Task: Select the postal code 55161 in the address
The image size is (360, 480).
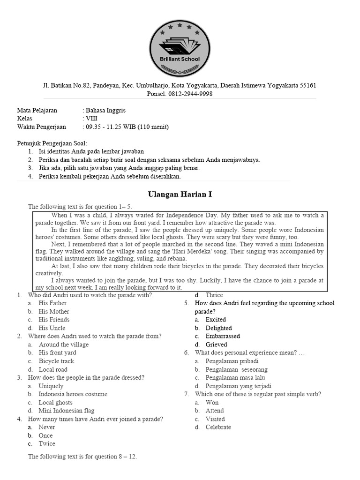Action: pos(307,85)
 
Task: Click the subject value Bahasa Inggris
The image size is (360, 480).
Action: pos(105,111)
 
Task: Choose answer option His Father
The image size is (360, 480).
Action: pos(52,303)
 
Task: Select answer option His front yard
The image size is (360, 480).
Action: pos(57,353)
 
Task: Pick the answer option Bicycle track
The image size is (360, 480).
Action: pos(56,361)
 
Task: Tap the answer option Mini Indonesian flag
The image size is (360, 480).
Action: pos(67,411)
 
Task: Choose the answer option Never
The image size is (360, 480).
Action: pos(47,427)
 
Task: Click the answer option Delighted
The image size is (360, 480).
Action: pos(218,328)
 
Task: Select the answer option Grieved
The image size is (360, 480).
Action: pos(216,345)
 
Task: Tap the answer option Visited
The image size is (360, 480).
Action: pos(215,419)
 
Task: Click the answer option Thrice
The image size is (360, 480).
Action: pos(214,295)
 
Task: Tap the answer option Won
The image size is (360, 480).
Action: pos(212,403)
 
